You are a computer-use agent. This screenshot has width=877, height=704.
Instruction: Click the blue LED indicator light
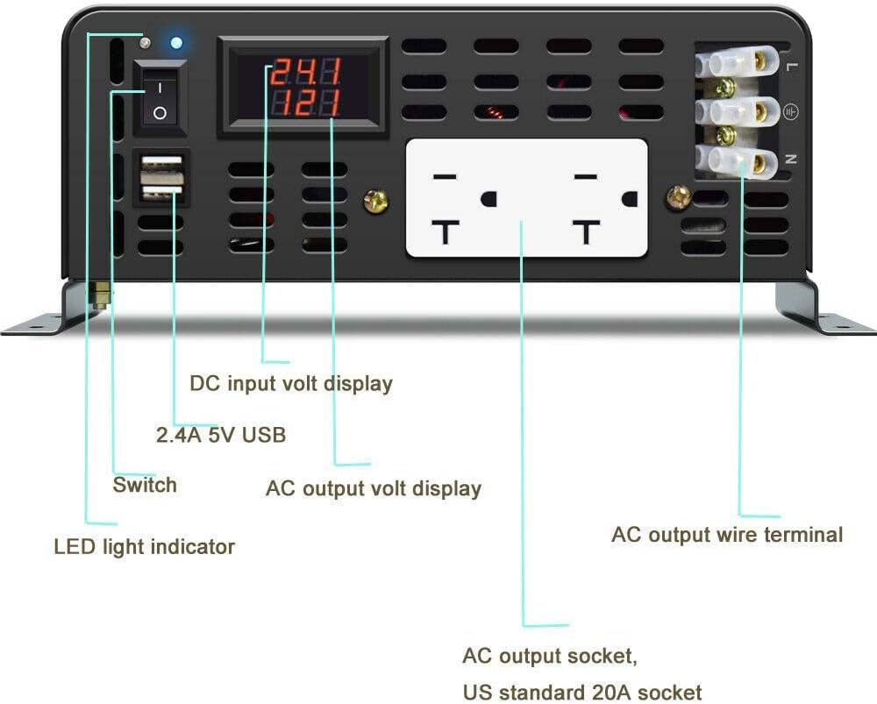point(177,42)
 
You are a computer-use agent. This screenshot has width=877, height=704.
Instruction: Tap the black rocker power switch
point(160,99)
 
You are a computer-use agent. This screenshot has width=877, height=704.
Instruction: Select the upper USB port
point(160,166)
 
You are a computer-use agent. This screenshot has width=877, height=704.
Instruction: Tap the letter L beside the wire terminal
point(791,66)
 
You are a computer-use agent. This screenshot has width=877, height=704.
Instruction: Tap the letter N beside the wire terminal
point(791,160)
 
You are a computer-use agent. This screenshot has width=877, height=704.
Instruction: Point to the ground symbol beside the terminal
point(790,112)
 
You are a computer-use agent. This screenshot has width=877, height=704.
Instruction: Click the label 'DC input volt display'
point(291,383)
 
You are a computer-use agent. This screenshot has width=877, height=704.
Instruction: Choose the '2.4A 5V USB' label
point(221,434)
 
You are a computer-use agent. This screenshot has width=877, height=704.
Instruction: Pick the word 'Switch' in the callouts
point(145,485)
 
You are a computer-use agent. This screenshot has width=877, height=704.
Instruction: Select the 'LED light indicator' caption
point(145,547)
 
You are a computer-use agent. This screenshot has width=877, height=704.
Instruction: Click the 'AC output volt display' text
point(374,488)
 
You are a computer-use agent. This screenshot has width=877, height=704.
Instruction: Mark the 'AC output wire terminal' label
point(727,534)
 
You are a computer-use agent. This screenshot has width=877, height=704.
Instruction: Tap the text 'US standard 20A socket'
point(582,692)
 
